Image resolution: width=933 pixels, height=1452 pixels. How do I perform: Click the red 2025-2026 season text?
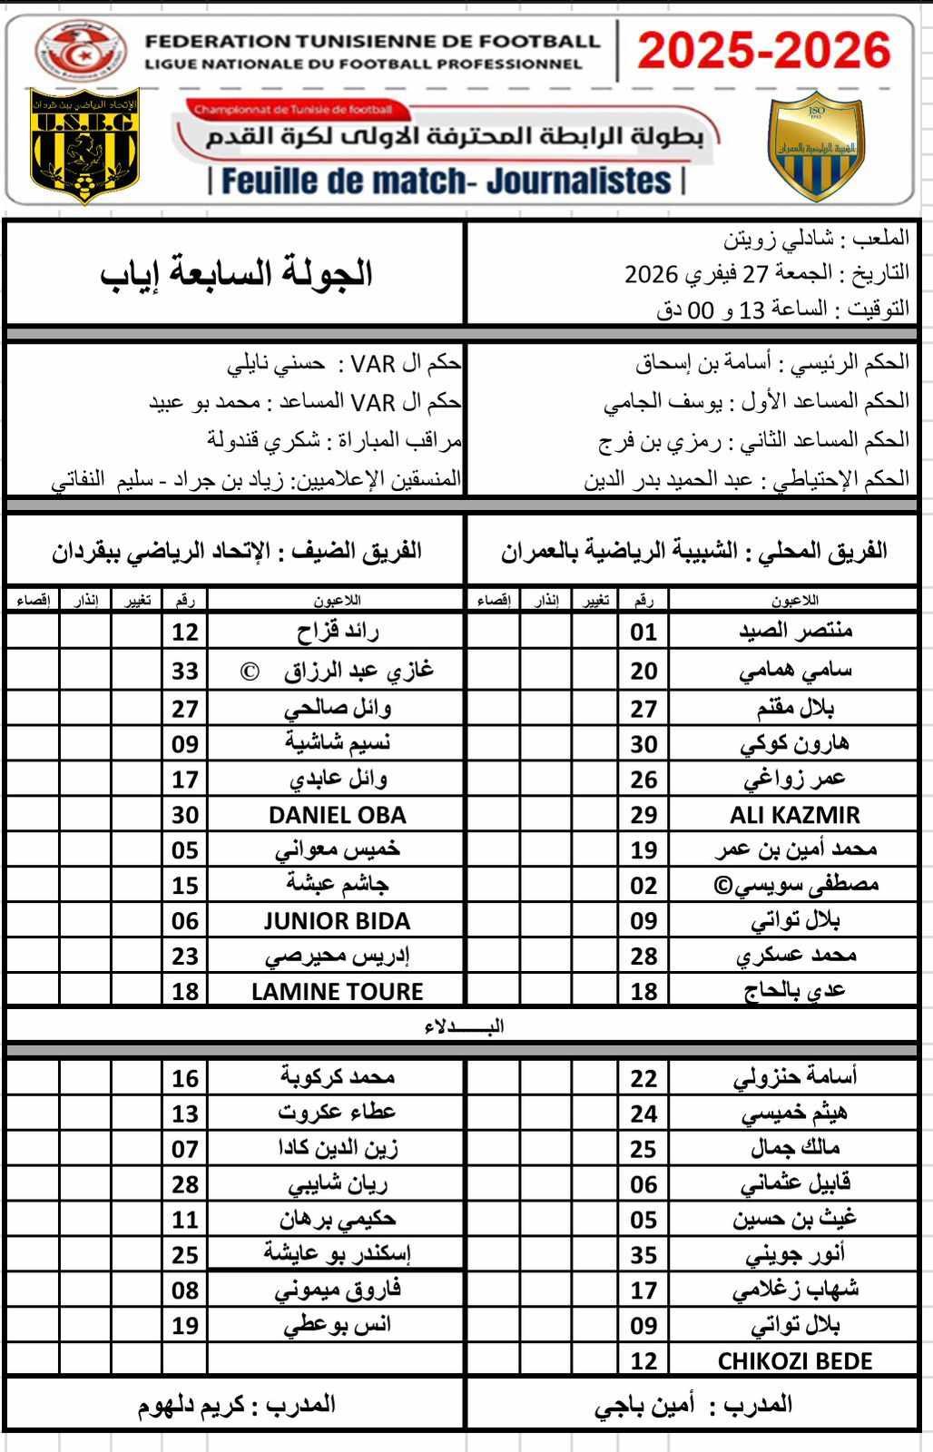click(x=763, y=50)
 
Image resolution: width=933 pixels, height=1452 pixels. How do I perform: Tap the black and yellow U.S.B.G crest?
click(x=84, y=145)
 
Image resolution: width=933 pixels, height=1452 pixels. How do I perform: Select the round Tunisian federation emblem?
click(x=82, y=53)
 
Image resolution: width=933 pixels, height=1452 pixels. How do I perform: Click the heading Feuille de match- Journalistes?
click(x=447, y=181)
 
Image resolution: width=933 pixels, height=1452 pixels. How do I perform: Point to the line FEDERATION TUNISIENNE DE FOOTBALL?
click(x=373, y=41)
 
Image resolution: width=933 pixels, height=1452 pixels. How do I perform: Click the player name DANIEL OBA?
click(x=337, y=815)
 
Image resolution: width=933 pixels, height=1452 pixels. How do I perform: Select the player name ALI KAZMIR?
click(x=794, y=815)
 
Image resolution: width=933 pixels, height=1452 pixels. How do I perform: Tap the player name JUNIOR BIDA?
click(x=337, y=921)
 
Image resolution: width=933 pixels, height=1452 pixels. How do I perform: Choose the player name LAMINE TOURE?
click(x=337, y=991)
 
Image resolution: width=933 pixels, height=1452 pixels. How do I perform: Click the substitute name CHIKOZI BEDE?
click(x=794, y=1361)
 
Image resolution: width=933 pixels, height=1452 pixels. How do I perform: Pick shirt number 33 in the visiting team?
click(x=185, y=672)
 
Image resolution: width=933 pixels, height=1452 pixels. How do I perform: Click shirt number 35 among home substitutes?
click(x=643, y=1255)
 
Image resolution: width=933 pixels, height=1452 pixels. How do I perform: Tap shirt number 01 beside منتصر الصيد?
click(x=643, y=632)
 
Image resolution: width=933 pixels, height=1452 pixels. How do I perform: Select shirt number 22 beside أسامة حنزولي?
click(x=643, y=1078)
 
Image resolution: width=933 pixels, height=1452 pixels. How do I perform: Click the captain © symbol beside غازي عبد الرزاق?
click(x=250, y=672)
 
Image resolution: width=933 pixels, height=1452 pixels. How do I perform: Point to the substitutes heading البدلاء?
click(x=464, y=1026)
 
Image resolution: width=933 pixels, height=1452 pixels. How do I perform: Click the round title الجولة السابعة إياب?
click(x=237, y=273)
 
